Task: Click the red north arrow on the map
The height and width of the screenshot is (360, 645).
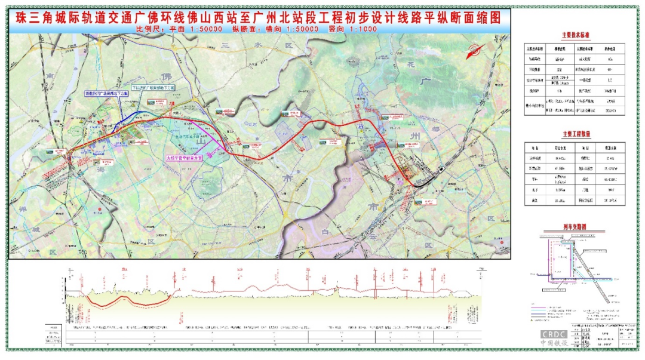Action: click(476, 51)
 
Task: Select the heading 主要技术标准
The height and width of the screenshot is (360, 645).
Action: click(577, 36)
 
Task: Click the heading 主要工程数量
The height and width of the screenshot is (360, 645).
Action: click(577, 134)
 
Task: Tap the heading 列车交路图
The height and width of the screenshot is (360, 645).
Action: click(576, 227)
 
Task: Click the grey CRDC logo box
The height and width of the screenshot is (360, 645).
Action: click(557, 334)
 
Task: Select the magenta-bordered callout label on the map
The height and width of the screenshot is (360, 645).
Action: click(185, 158)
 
